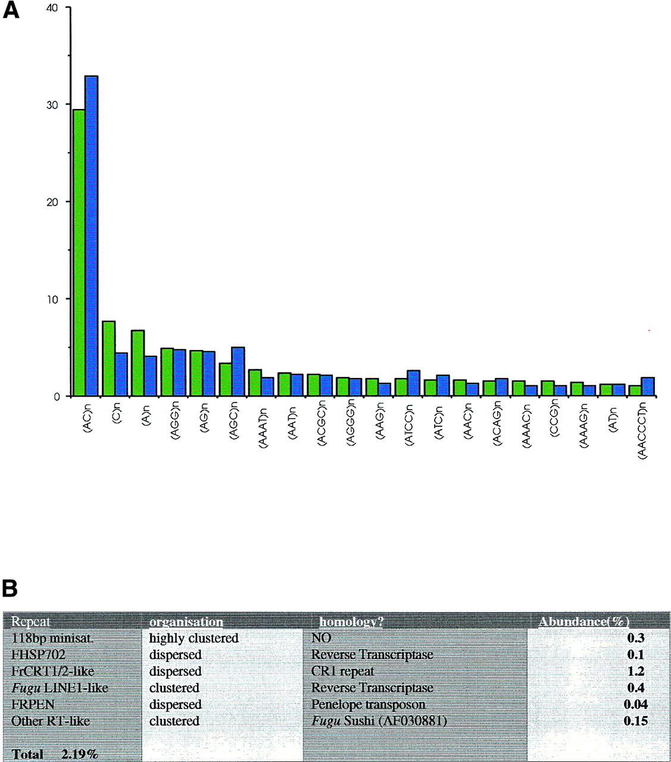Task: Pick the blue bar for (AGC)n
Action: click(238, 371)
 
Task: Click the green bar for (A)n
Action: click(138, 363)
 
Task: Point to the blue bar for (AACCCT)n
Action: click(648, 386)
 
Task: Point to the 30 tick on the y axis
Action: click(68, 105)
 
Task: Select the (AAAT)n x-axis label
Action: click(263, 424)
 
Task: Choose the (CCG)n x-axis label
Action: click(554, 421)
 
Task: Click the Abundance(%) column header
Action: click(583, 622)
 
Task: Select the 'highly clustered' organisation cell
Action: click(194, 638)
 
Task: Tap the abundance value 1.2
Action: click(635, 672)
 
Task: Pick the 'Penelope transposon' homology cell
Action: click(368, 705)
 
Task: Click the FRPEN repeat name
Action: click(33, 705)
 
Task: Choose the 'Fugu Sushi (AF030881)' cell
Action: click(379, 722)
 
